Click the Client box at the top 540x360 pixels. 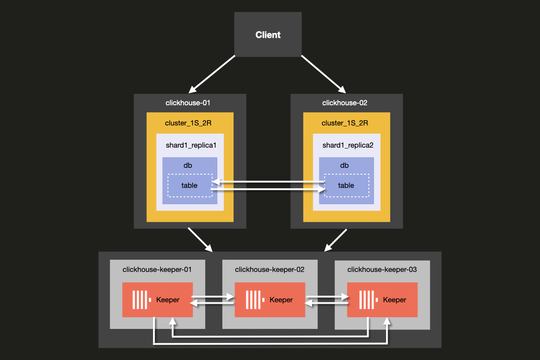point(268,35)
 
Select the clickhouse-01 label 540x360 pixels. point(188,103)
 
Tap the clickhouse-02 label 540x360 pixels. point(345,103)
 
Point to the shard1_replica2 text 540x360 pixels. point(348,146)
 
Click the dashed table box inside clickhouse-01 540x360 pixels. point(189,185)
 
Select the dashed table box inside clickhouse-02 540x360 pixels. point(346,185)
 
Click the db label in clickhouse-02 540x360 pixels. point(345,166)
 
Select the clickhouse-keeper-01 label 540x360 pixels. point(157,270)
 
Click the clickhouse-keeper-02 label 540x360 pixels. point(270,270)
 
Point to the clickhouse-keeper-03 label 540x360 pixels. point(382,270)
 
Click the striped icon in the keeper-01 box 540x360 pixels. point(140,300)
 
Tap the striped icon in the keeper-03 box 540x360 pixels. point(367,300)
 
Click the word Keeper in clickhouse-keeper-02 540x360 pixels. point(281,300)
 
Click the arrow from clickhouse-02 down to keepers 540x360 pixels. point(336,240)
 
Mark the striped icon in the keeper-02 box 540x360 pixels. point(254,300)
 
